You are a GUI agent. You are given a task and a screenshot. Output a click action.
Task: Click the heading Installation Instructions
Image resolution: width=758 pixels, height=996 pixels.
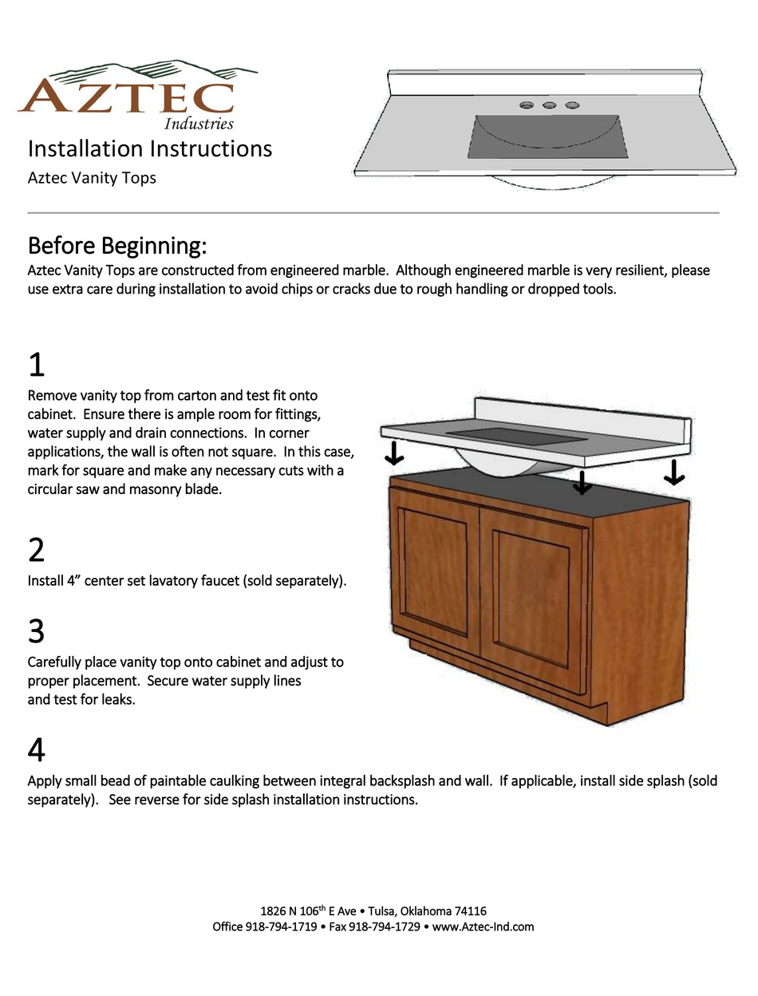pos(150,148)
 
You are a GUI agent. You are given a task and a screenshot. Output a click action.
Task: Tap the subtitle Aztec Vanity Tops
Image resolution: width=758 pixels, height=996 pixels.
pos(92,177)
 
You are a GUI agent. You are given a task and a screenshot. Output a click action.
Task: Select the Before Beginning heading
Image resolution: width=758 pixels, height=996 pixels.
pos(117,243)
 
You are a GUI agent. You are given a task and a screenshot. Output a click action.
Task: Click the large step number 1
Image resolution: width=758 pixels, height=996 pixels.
pos(37,365)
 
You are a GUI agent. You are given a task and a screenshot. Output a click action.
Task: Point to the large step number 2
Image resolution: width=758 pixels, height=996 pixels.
pos(37,551)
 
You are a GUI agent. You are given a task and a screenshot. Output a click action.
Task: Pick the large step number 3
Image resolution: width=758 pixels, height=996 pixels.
pos(37,631)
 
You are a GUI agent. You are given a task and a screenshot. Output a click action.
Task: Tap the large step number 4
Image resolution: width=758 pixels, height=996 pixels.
pos(37,750)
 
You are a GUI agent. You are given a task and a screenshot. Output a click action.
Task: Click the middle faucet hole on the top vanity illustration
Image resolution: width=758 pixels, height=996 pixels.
pos(549,105)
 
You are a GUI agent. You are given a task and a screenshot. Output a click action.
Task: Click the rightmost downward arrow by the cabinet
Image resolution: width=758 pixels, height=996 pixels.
pos(674,472)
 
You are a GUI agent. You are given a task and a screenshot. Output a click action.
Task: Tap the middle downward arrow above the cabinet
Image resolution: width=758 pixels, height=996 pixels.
pos(583,482)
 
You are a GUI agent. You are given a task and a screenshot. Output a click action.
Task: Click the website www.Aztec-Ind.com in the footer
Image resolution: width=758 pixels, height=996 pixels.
pos(483,927)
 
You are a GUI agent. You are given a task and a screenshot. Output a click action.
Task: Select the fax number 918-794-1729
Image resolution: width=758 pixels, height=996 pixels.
pos(385,927)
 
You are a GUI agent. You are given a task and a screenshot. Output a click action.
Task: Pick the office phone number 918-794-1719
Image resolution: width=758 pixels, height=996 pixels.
pos(281,927)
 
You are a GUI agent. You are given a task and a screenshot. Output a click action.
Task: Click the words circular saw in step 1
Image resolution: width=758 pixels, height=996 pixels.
pos(63,488)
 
